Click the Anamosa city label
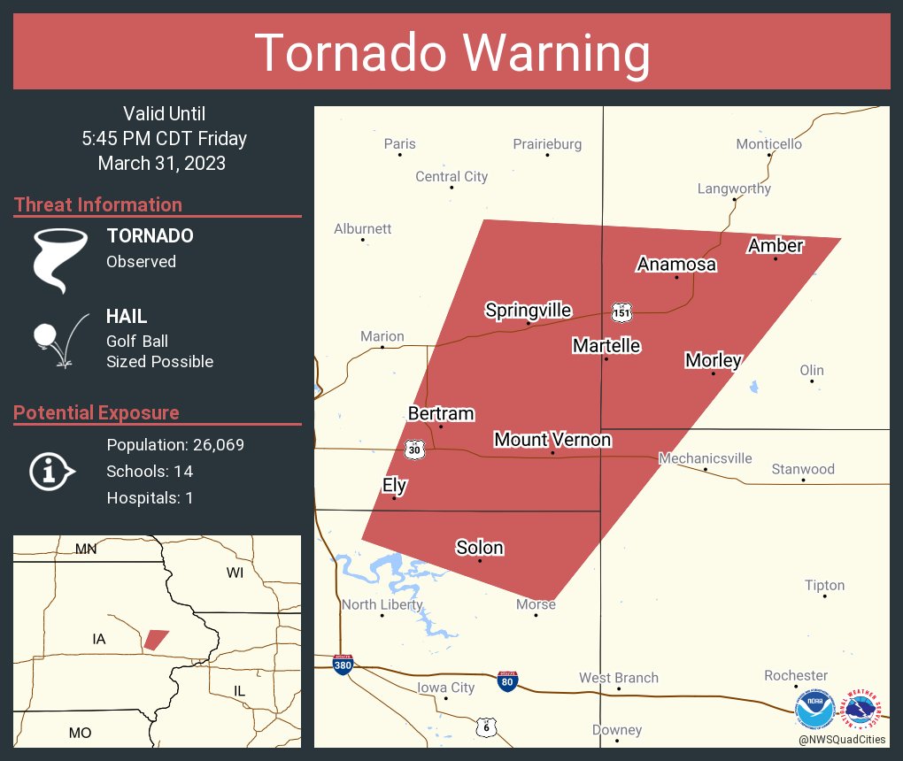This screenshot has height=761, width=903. tap(676, 265)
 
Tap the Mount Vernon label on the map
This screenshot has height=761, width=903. tap(552, 440)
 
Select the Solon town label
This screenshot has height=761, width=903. tap(480, 548)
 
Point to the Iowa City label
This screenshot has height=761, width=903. tap(446, 688)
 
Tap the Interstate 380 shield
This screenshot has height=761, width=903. tap(343, 665)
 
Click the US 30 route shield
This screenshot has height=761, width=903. tap(415, 450)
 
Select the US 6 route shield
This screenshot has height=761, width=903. tap(486, 726)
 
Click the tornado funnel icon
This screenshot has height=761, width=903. tap(59, 259)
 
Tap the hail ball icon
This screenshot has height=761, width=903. tap(45, 336)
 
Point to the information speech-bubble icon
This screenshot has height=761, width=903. tap(51, 472)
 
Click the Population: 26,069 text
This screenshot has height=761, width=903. tap(175, 444)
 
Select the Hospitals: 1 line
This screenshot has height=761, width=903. tap(150, 497)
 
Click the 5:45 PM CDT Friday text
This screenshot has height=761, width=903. tap(164, 138)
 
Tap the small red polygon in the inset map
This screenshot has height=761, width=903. tap(156, 639)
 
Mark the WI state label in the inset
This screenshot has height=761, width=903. tap(235, 573)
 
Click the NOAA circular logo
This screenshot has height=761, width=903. tap(814, 710)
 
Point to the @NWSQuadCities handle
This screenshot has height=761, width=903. tap(842, 740)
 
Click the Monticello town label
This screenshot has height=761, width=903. tap(768, 143)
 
